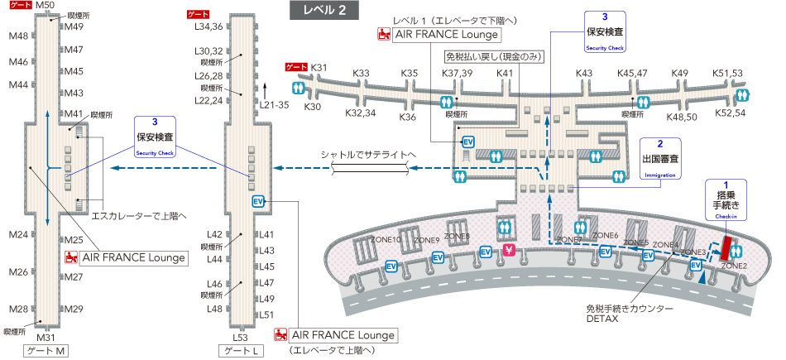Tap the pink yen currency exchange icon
click(x=510, y=251)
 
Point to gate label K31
click(x=319, y=68)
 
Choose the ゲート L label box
click(x=241, y=352)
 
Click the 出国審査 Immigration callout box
click(x=660, y=158)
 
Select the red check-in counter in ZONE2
click(x=727, y=247)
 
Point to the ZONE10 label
click(x=386, y=240)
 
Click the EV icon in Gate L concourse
click(x=257, y=201)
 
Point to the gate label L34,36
click(x=208, y=26)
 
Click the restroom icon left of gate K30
click(x=296, y=88)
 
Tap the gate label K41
click(x=506, y=74)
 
